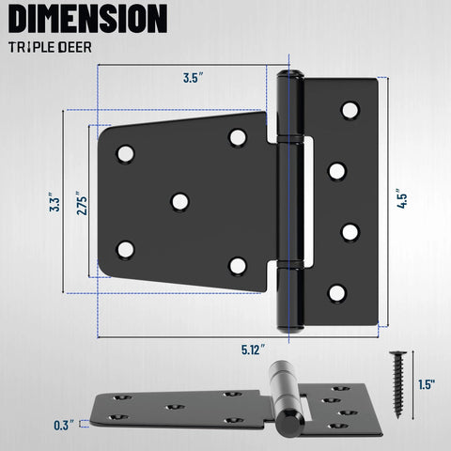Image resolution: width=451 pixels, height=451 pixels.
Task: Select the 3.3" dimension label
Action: click(55, 203)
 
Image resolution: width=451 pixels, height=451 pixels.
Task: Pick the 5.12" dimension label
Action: click(253, 350)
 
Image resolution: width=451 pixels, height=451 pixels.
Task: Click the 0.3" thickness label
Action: click(65, 424)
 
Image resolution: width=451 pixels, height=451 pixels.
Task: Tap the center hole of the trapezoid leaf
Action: click(179, 201)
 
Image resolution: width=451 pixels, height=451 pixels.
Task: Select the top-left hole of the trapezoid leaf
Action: click(125, 154)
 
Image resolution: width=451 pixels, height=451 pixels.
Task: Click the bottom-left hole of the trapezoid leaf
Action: click(125, 250)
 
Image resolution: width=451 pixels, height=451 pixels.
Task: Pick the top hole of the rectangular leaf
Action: click(350, 110)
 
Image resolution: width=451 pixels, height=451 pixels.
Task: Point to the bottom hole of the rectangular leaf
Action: click(336, 293)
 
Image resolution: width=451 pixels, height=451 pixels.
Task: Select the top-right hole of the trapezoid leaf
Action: click(238, 138)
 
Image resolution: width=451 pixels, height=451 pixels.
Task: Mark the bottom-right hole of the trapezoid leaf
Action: click(238, 266)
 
